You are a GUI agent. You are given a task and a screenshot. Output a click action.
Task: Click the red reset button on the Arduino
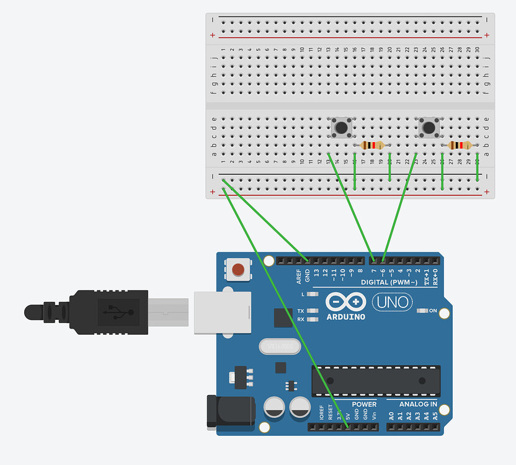(238, 270)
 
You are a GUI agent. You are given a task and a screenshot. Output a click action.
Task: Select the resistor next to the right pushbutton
(460, 145)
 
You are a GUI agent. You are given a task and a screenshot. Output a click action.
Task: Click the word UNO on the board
(393, 303)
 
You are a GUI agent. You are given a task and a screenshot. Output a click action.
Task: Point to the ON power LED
(424, 310)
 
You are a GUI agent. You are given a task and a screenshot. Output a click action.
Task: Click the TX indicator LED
(313, 311)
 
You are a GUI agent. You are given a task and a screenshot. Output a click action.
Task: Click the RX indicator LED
(313, 319)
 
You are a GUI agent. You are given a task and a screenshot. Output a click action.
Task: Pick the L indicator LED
(313, 294)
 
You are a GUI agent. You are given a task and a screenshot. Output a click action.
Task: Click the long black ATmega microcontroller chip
(376, 381)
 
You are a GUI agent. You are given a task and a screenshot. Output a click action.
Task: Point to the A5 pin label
(435, 415)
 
